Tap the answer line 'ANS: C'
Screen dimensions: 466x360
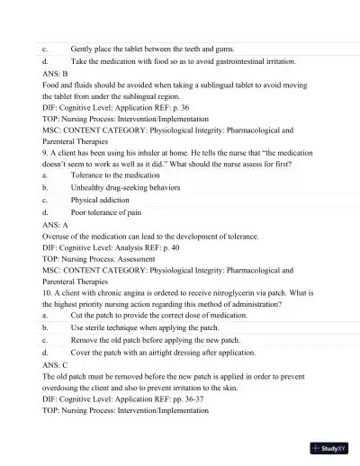pos(55,367)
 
